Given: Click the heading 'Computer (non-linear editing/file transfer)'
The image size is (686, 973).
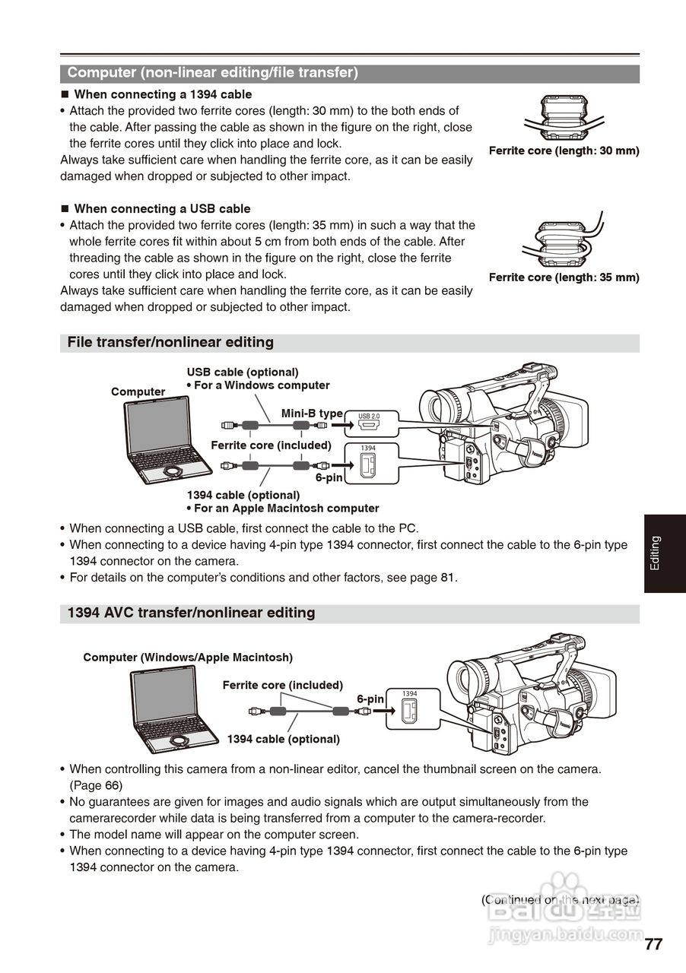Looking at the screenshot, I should (x=212, y=73).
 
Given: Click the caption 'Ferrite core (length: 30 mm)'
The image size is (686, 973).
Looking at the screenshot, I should (x=564, y=151).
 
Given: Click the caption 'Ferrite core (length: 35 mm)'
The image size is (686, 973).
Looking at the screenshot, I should (x=564, y=277).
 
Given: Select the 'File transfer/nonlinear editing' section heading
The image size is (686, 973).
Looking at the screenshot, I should (x=170, y=343).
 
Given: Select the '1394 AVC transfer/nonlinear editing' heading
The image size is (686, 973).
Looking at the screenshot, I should (x=191, y=613).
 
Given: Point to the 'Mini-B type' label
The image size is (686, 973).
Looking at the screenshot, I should (x=312, y=414).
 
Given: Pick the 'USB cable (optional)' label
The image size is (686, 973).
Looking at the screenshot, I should (x=243, y=372).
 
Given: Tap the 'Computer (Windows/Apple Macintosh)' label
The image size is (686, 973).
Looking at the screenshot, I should (x=188, y=657).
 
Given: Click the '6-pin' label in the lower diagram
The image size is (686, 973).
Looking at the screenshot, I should (x=370, y=699).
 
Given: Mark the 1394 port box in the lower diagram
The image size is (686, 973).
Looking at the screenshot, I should (x=409, y=708).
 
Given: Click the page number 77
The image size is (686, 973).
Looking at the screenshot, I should (x=653, y=945).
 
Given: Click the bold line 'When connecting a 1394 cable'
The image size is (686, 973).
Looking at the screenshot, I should (x=162, y=95).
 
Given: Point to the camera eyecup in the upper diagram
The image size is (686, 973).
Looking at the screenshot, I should (x=439, y=407).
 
